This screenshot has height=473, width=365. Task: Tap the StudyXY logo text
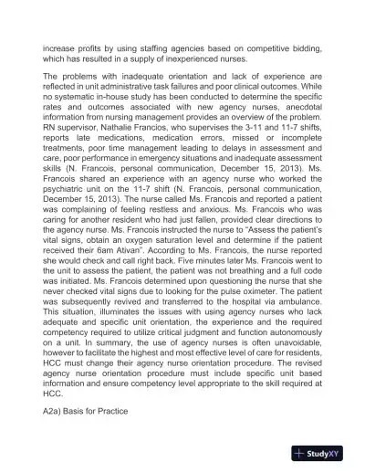click(327, 454)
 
